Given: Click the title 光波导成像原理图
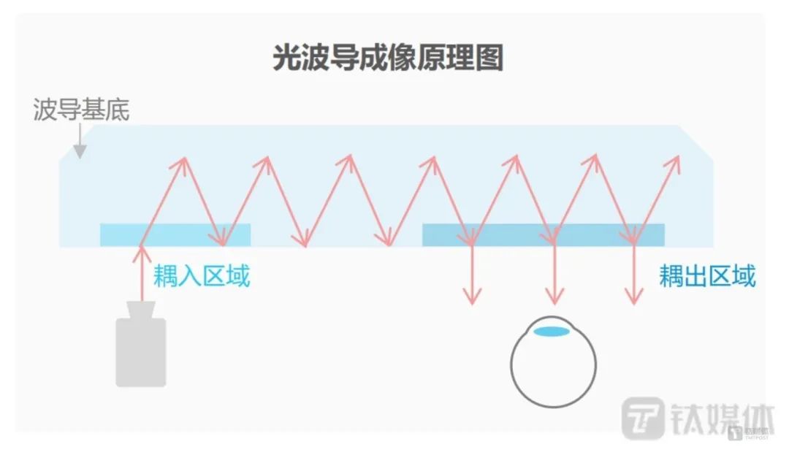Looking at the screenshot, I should coord(388,58).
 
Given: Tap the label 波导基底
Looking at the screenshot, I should coord(81,110).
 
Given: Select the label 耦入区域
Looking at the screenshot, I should coord(201,276).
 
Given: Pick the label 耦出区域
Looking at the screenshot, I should coord(706,276).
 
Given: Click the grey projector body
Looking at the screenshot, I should coord(141,351).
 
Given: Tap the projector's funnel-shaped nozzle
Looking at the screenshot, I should coord(141,310).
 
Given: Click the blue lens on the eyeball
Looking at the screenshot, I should coord(552,331).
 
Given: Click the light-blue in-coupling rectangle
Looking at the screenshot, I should coord(175,234).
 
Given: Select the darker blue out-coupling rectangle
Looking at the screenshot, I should coord(544,234).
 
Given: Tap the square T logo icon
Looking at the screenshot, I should coord(643,419).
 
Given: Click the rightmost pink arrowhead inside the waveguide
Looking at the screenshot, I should coord(675,162).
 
